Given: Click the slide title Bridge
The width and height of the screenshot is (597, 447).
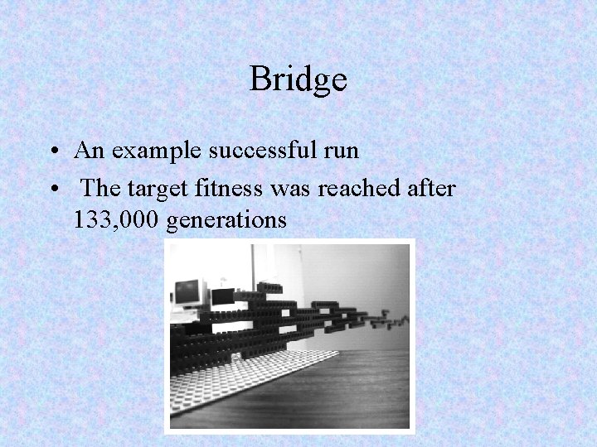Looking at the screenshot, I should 298,79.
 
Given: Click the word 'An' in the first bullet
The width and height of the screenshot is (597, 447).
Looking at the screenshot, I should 87,151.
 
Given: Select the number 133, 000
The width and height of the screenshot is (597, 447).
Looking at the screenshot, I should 116,221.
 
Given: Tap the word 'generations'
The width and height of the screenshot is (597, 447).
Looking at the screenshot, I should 226,222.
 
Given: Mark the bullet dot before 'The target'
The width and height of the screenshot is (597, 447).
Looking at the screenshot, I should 53,190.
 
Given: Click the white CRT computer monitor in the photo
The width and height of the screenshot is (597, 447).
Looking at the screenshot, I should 190,293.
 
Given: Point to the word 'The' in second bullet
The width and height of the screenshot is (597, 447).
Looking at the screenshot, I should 102,189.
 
